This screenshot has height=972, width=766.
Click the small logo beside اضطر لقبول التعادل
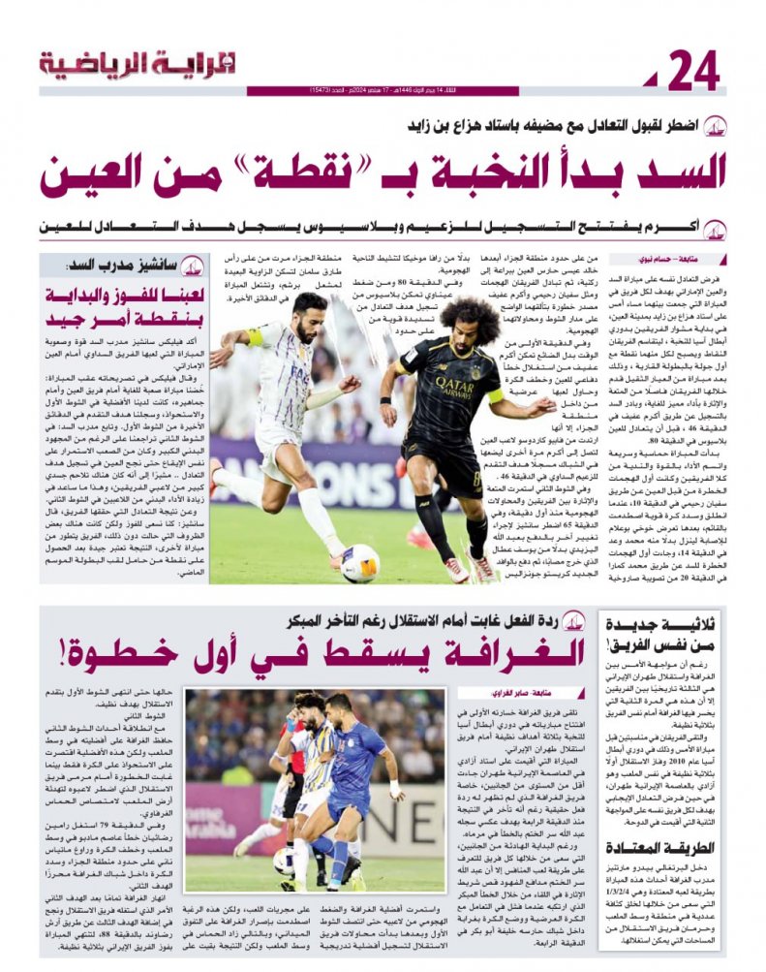tap(715, 126)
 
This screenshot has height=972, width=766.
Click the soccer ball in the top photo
tap(359, 562)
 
